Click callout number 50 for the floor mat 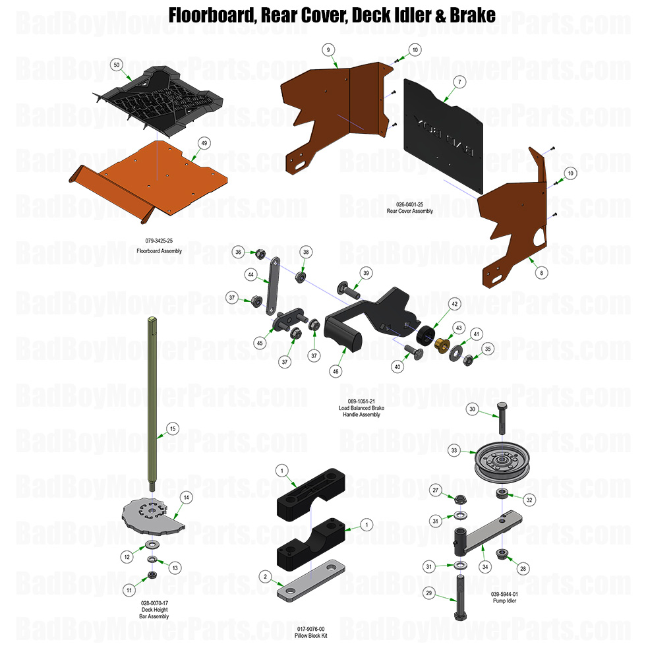[117, 65]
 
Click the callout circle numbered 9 [329, 49]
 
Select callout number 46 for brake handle [336, 372]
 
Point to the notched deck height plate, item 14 [153, 514]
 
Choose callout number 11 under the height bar [130, 589]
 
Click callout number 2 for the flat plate [264, 577]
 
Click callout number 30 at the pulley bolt [472, 409]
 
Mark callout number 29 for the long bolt [429, 593]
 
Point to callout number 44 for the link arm [250, 274]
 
